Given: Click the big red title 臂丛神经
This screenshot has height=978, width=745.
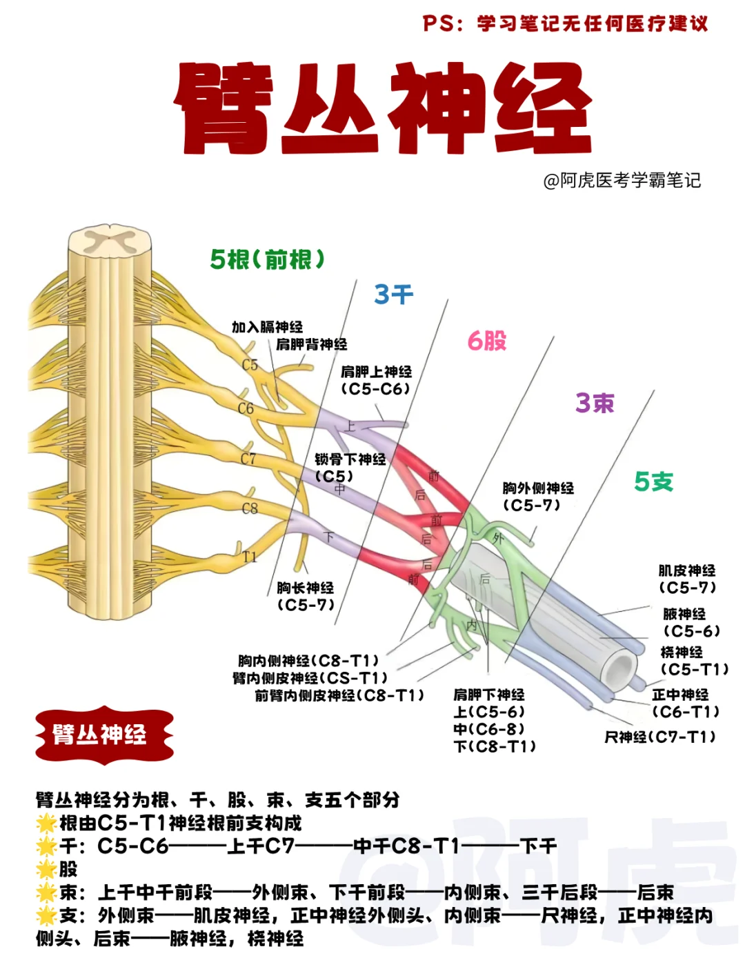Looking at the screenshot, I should (383, 108).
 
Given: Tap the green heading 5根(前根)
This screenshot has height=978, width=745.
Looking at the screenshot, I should (267, 260).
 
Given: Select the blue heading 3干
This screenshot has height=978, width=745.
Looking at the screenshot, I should (393, 295).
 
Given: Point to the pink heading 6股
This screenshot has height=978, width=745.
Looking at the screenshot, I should (487, 341).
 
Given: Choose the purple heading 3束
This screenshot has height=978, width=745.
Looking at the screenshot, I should (595, 403).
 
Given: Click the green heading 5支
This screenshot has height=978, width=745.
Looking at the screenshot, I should (653, 481).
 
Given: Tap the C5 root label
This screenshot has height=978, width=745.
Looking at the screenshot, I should (250, 365).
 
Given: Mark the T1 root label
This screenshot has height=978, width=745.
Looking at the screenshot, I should (250, 556).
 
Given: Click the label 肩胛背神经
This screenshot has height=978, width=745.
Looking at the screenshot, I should (311, 344).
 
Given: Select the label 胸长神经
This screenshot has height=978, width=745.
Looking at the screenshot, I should (306, 588).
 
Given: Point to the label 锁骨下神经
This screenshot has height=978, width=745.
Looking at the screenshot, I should (350, 459).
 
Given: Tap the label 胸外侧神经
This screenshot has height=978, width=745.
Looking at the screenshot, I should (538, 488).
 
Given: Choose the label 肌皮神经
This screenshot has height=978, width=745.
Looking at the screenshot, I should (686, 570).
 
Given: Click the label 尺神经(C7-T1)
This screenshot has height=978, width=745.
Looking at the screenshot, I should (660, 737).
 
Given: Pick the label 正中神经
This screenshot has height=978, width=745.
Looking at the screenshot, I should (680, 695).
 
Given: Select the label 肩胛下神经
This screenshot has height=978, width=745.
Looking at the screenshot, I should (488, 695).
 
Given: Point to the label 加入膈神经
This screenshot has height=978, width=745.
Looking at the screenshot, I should (267, 327).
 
